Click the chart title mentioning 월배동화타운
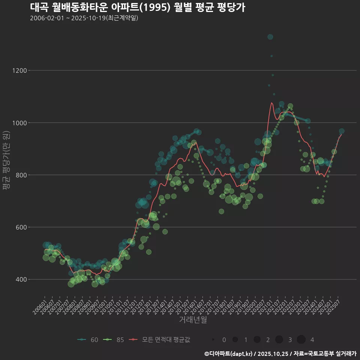coord(137,7)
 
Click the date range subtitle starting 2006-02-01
coord(84,18)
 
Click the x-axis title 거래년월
coord(193,319)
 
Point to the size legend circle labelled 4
coord(301,340)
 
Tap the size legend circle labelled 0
coord(213,340)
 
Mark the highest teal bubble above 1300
coord(270,37)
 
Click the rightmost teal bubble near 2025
coord(342,131)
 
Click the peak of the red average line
coord(271,103)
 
